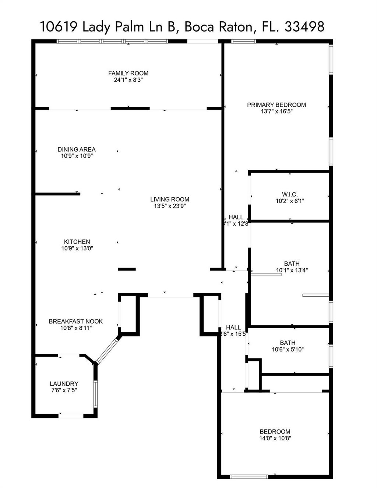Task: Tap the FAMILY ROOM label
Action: click(x=128, y=73)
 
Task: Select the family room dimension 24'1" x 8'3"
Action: click(x=128, y=80)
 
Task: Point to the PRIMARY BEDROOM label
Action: click(x=276, y=105)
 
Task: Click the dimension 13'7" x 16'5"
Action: click(x=276, y=112)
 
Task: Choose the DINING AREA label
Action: click(x=77, y=149)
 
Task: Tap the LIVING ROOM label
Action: click(x=169, y=199)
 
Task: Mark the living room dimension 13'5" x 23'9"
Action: click(x=169, y=206)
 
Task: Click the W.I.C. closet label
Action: click(x=290, y=194)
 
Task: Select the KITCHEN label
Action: click(x=77, y=242)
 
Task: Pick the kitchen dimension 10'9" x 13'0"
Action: click(x=77, y=248)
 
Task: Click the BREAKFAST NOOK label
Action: click(x=76, y=321)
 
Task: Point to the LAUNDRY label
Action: click(x=64, y=383)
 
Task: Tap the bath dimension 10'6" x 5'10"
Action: click(x=288, y=350)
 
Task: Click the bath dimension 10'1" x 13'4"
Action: click(x=292, y=270)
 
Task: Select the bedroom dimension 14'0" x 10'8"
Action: click(x=275, y=438)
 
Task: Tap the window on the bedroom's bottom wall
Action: click(x=249, y=477)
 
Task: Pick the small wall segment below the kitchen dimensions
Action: click(x=127, y=269)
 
